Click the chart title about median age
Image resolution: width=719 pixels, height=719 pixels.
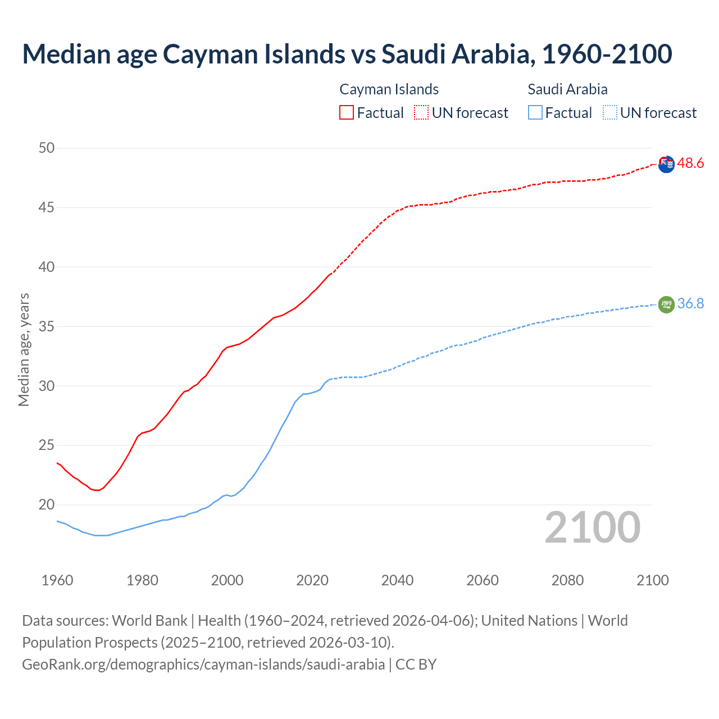point(347,54)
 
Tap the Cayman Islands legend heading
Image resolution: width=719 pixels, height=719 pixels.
point(389,89)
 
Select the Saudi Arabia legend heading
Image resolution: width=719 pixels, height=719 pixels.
point(567,89)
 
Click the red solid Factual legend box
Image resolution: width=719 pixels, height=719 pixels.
point(347,113)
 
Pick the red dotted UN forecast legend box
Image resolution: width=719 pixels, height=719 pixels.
point(421,113)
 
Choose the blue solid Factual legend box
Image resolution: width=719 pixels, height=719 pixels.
point(535,113)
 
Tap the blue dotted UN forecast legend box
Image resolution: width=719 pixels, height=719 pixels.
point(609,113)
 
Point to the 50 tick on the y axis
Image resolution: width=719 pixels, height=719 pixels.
point(47,148)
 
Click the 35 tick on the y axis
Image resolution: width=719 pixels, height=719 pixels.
point(47,326)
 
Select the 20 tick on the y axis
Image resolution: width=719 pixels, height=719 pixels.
point(47,504)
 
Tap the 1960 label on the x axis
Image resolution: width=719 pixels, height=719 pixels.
point(57,580)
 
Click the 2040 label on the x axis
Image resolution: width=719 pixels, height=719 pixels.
point(397,580)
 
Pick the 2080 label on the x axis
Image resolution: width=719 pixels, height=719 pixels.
point(567,580)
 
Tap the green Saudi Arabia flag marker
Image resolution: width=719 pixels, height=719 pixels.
point(666,304)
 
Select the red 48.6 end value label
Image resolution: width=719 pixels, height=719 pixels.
point(690,163)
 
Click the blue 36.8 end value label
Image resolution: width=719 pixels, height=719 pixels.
point(690,304)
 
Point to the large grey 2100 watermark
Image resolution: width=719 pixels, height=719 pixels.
point(592,527)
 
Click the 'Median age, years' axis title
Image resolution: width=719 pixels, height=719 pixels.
point(24,349)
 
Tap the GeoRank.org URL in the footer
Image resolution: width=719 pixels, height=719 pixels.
point(203,665)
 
